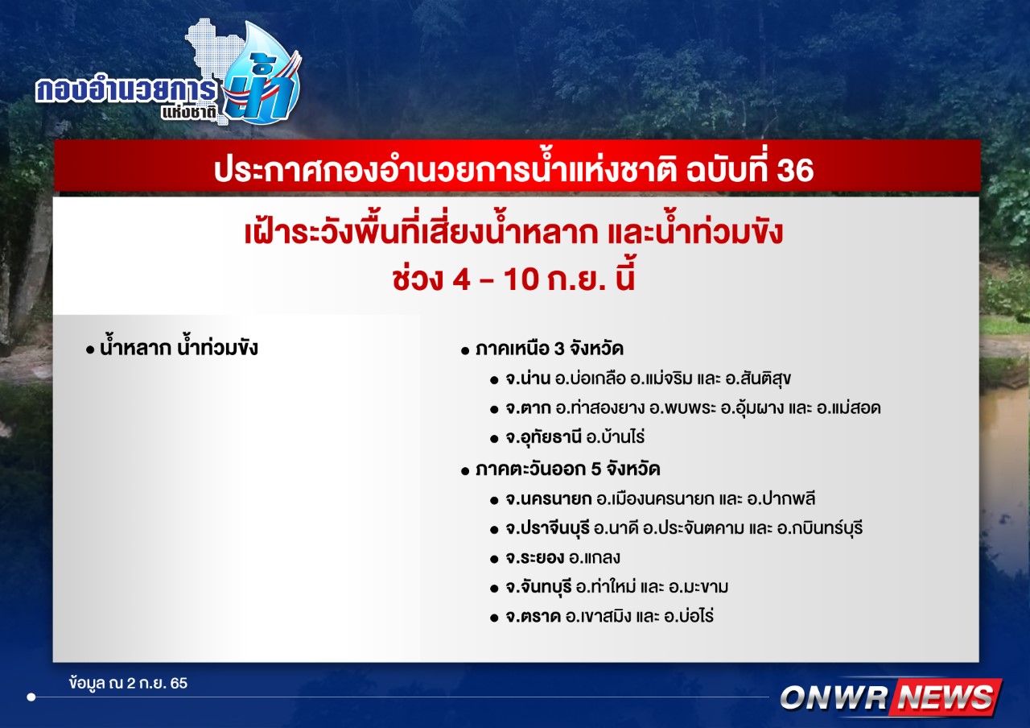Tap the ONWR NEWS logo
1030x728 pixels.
click(891, 697)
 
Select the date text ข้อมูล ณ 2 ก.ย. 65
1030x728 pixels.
click(128, 684)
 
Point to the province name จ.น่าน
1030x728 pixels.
click(528, 378)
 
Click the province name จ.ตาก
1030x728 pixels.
click(528, 407)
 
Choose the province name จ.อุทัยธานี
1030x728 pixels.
click(544, 437)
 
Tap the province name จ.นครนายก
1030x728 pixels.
click(549, 498)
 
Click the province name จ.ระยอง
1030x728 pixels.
click(535, 558)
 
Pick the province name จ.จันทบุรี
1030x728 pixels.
click(539, 587)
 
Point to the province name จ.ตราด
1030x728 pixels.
click(533, 617)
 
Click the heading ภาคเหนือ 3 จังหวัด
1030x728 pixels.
click(550, 349)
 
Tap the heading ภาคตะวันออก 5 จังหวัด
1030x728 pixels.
click(568, 469)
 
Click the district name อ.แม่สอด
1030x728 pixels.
click(848, 407)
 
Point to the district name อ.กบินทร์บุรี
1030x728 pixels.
click(820, 527)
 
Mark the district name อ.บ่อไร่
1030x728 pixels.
click(689, 616)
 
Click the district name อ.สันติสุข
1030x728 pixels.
click(758, 378)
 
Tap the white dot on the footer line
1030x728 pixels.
click(31, 697)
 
